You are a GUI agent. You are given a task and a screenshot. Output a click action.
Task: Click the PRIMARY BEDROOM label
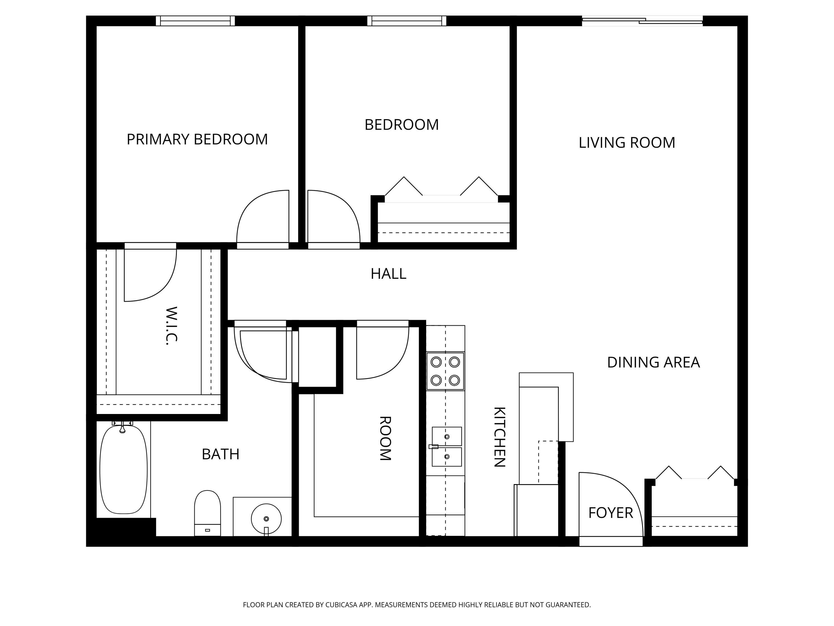[x=197, y=139]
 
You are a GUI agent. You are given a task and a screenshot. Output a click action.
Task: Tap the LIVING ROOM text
[x=627, y=143]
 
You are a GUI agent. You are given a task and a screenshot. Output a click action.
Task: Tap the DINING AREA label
[x=653, y=362]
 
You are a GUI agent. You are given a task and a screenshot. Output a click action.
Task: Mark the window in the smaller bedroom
[x=406, y=21]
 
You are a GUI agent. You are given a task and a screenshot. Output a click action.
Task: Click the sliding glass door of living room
[x=642, y=21]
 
